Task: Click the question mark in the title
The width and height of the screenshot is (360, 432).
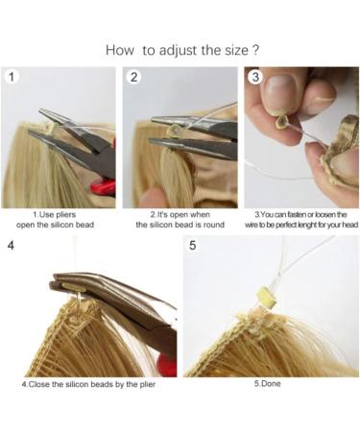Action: [x=255, y=49]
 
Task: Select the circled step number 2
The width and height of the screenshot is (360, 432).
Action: [x=134, y=78]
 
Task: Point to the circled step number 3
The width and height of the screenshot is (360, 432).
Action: [x=255, y=78]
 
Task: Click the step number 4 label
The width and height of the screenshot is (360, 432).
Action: [x=11, y=246]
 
